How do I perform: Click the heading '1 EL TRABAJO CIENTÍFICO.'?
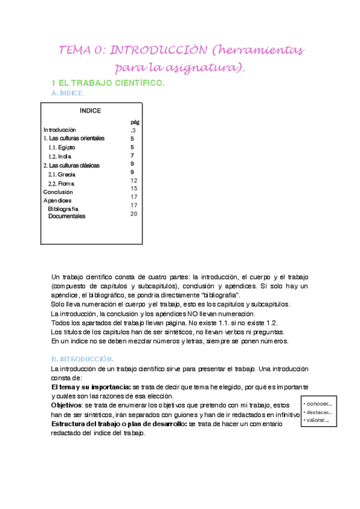[x=108, y=83]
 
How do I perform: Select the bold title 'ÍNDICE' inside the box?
[x=90, y=110]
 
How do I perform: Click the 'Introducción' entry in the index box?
[x=60, y=130]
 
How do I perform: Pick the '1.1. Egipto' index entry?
[x=62, y=147]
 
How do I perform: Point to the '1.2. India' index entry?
[x=60, y=156]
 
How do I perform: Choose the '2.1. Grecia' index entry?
[x=62, y=174]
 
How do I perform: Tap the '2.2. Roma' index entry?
[x=61, y=183]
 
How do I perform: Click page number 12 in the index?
[x=134, y=180]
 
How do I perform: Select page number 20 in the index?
[x=134, y=213]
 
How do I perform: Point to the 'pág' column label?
[x=135, y=121]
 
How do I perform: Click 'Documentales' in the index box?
[x=67, y=216]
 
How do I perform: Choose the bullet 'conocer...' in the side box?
[x=319, y=403]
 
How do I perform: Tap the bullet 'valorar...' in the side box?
[x=318, y=420]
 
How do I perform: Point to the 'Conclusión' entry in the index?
[x=58, y=192]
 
